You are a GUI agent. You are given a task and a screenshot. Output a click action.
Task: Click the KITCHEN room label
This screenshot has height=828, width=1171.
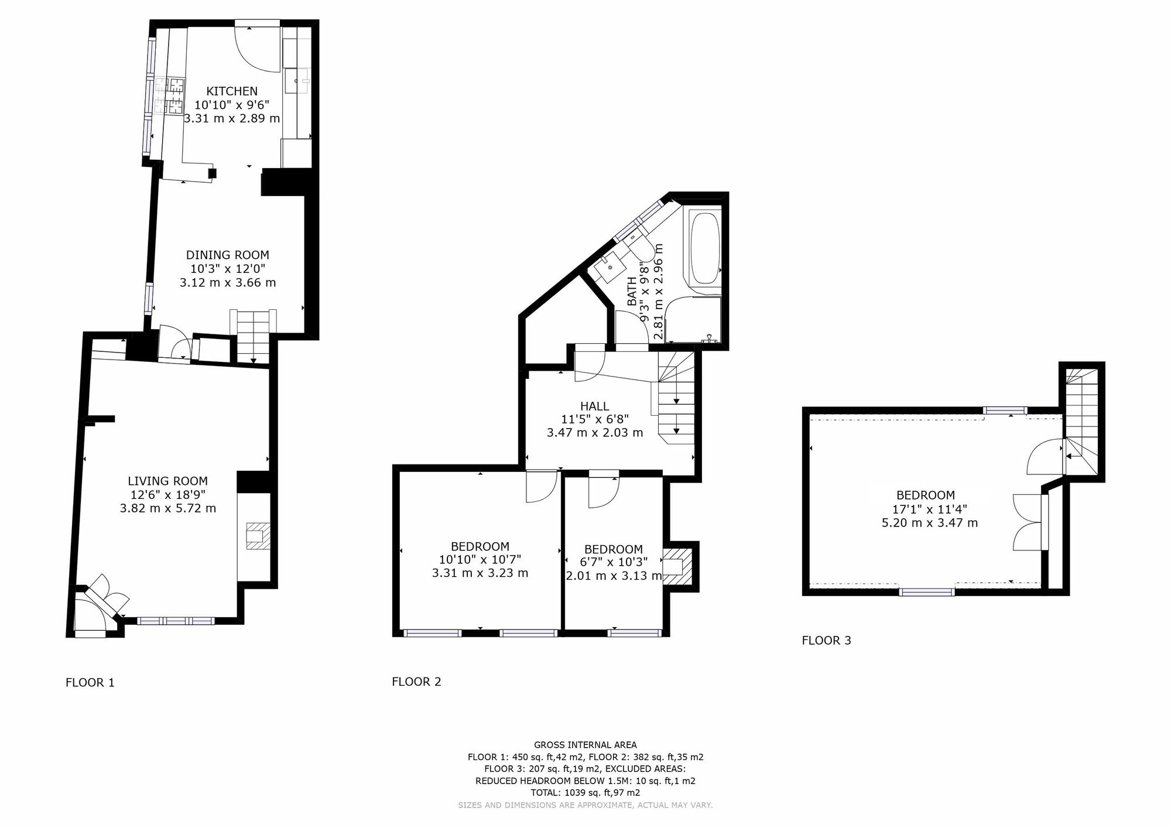pyautogui.click(x=232, y=91)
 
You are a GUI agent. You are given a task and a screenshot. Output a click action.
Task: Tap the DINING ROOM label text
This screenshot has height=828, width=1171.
pyautogui.click(x=227, y=255)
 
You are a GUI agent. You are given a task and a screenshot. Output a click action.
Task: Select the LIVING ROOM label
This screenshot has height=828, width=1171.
pyautogui.click(x=167, y=481)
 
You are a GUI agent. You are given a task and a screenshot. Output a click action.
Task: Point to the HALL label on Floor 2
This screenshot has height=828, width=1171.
pyautogui.click(x=594, y=406)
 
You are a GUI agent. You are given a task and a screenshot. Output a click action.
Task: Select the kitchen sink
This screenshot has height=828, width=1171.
pyautogui.click(x=297, y=80)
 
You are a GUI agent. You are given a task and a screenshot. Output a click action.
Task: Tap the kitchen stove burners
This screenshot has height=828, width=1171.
pyautogui.click(x=170, y=95)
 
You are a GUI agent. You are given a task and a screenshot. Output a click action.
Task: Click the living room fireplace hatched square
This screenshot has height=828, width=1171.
pyautogui.click(x=258, y=536)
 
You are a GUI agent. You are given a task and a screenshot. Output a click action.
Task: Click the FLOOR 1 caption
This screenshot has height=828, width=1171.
pyautogui.click(x=90, y=683)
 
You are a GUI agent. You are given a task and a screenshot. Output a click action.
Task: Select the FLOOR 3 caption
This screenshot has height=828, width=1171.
pyautogui.click(x=826, y=641)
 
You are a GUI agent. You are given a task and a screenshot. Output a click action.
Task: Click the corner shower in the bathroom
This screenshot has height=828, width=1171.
pyautogui.click(x=693, y=320)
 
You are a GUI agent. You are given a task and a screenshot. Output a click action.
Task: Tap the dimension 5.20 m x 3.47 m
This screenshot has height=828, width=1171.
pyautogui.click(x=929, y=523)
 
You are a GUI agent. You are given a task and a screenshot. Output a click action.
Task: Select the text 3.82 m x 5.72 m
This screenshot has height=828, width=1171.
pyautogui.click(x=167, y=508)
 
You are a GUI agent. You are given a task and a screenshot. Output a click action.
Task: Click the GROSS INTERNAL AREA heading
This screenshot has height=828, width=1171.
pyautogui.click(x=585, y=745)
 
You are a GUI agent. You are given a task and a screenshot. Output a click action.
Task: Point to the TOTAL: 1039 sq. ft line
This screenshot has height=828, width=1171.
pyautogui.click(x=585, y=793)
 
